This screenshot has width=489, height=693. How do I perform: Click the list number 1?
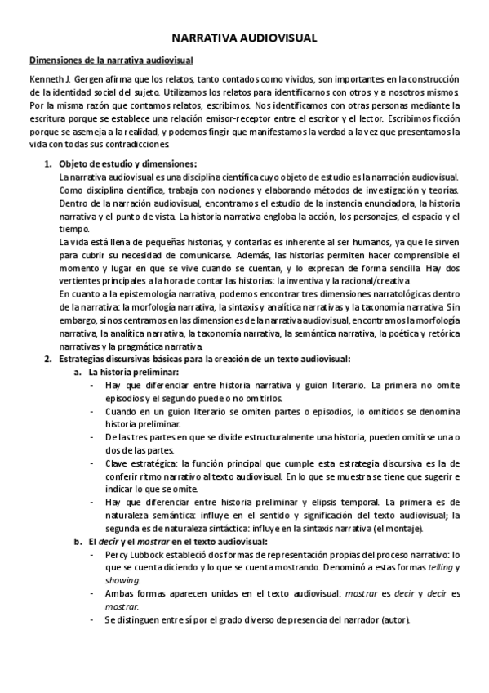[47, 163]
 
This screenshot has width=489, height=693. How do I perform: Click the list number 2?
[47, 359]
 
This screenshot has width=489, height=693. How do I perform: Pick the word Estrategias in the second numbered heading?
[84, 359]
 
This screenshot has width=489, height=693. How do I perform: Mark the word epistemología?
[146, 293]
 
